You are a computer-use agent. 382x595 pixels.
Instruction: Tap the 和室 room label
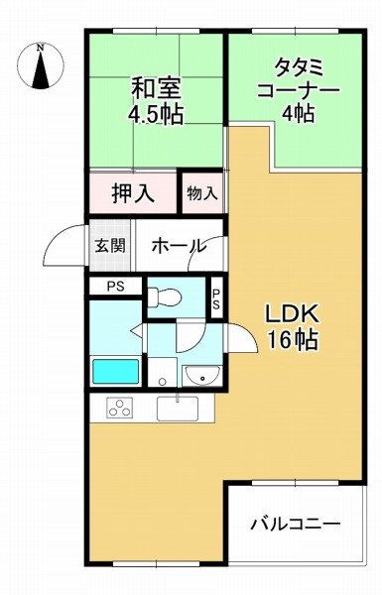click(155, 87)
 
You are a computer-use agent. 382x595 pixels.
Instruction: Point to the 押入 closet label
click(132, 192)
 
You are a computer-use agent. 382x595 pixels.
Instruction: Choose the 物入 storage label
click(202, 192)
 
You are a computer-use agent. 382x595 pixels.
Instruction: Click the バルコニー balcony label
click(295, 523)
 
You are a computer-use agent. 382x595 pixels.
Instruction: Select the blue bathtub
click(116, 372)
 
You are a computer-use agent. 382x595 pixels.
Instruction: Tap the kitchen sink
click(178, 408)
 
